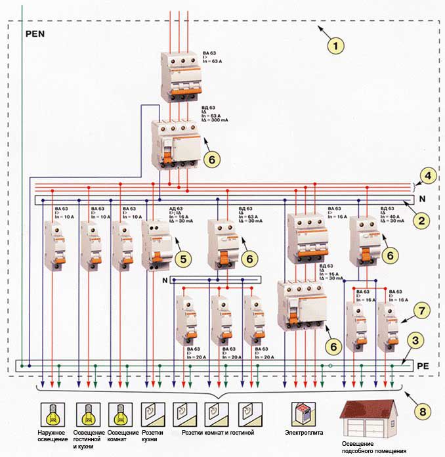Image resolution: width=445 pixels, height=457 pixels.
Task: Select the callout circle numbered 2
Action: pyautogui.click(x=421, y=219)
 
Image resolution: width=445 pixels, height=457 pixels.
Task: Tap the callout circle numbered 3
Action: pyautogui.click(x=414, y=341)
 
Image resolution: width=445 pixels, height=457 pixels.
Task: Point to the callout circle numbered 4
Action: pyautogui.click(x=427, y=176)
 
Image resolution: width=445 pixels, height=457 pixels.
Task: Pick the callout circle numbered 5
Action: pyautogui.click(x=184, y=258)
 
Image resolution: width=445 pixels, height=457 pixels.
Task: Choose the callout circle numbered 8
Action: pyautogui.click(x=425, y=412)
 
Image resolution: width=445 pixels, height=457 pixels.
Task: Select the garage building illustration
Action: pyautogui.click(x=368, y=420)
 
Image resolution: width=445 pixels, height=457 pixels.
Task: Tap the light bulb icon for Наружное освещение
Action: pyautogui.click(x=52, y=414)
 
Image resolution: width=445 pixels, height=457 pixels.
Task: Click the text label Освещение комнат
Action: pyautogui.click(x=122, y=437)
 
